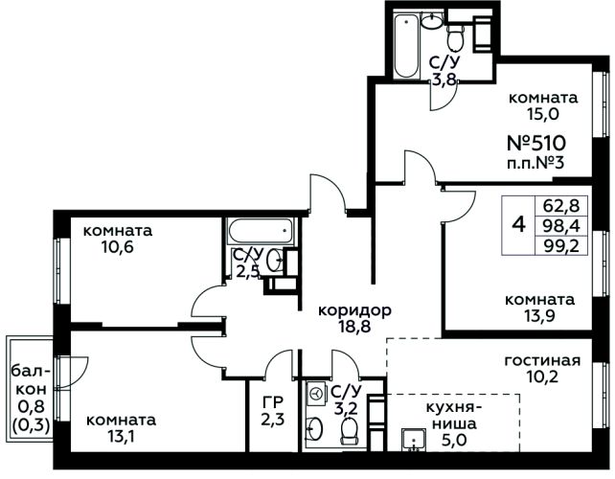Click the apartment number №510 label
[x=536, y=143]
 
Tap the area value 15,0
[x=543, y=114]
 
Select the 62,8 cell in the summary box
[x=561, y=205]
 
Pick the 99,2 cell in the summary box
[x=561, y=246]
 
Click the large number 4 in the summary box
[x=518, y=225]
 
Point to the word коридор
[x=354, y=311]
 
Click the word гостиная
[x=542, y=360]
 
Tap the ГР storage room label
[x=273, y=402]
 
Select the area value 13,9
[x=539, y=316]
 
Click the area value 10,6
[x=117, y=247]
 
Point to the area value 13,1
[x=121, y=436]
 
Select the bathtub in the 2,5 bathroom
[x=261, y=231]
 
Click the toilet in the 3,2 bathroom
[x=349, y=430]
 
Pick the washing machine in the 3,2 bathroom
[x=316, y=393]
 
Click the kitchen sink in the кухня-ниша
[x=414, y=440]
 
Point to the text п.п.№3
[x=535, y=162]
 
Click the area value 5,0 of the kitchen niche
[x=455, y=440]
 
